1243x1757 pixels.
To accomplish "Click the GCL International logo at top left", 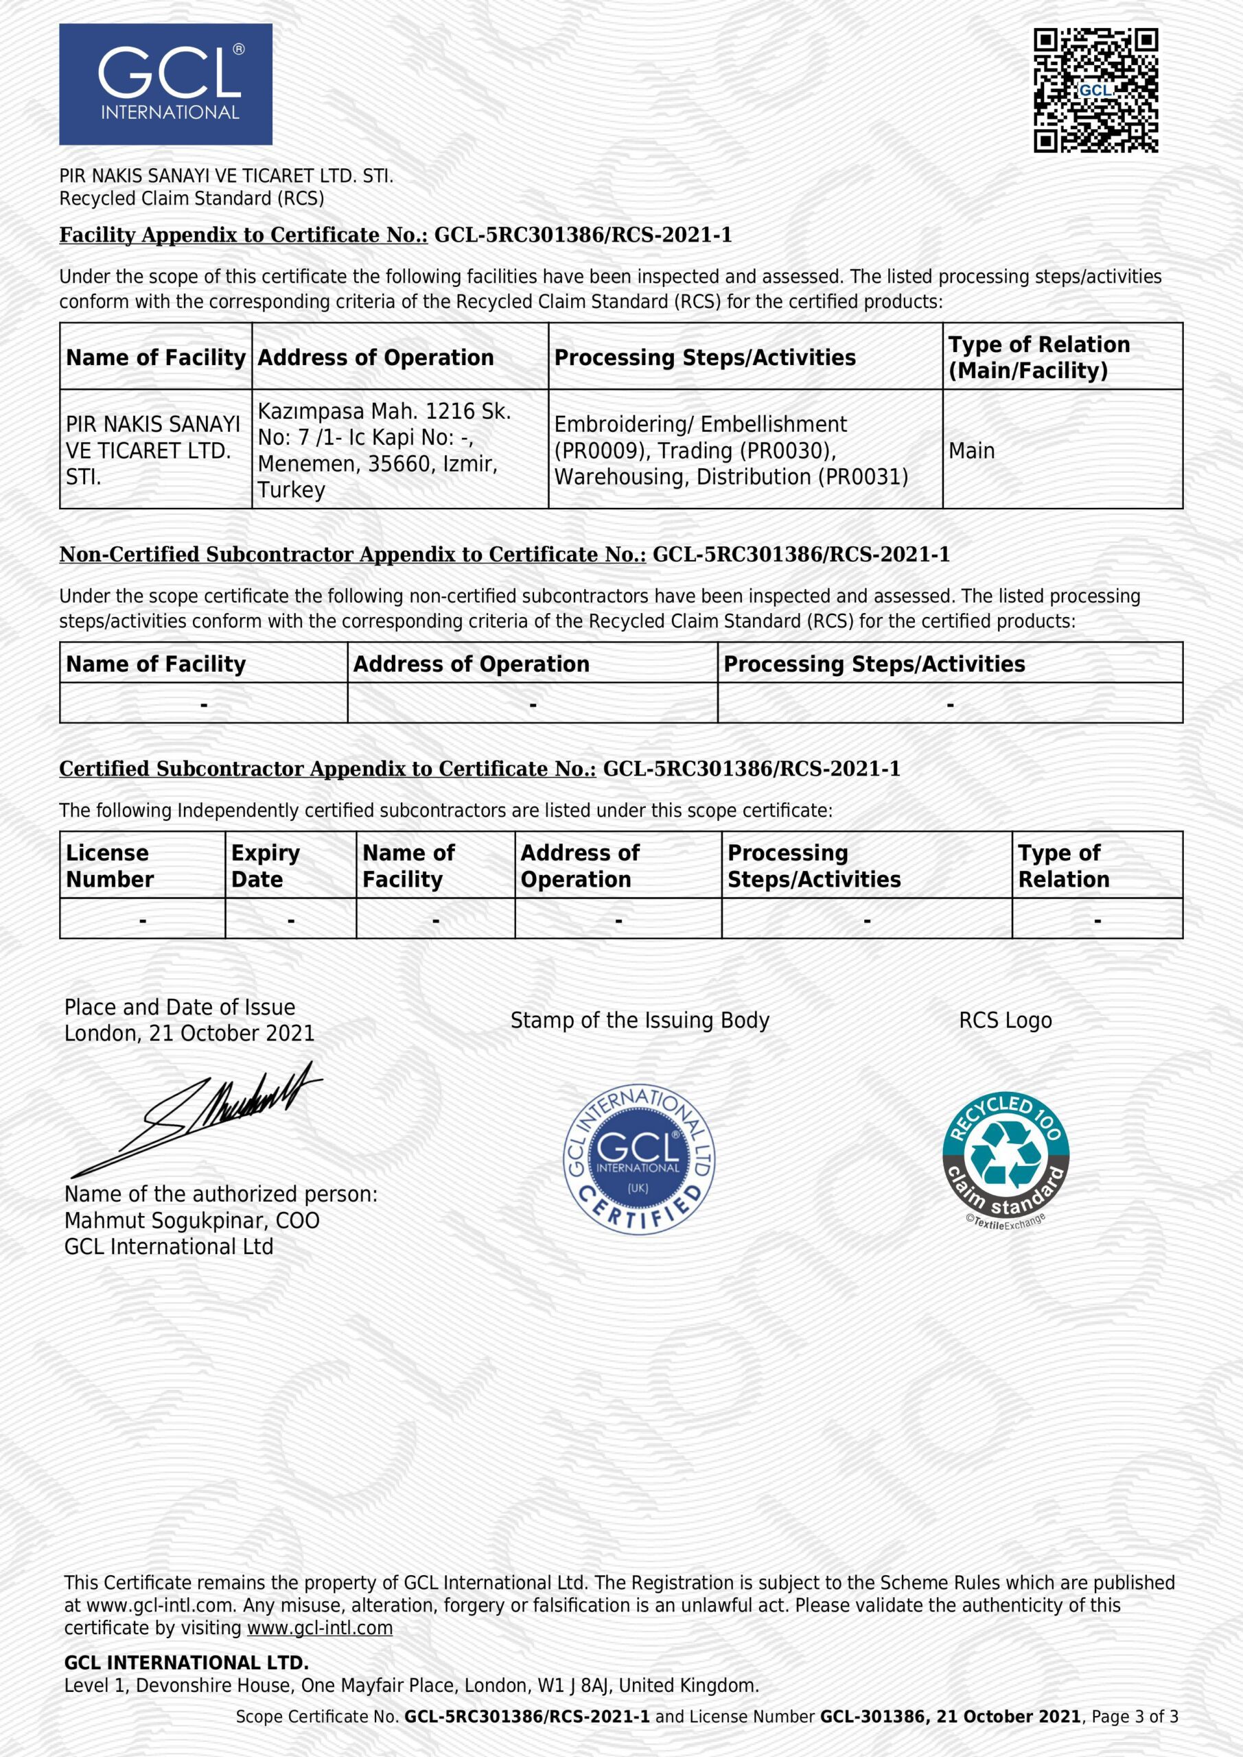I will coord(165,84).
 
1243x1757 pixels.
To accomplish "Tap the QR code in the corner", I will coord(1095,91).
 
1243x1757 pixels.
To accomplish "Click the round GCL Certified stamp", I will coord(638,1159).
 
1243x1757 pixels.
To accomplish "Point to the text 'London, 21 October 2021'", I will coord(189,1033).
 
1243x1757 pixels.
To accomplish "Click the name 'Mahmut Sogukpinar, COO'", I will coord(191,1220).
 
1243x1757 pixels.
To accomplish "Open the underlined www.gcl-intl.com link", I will coord(319,1628).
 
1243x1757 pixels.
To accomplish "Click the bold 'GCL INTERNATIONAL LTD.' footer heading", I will coord(186,1662).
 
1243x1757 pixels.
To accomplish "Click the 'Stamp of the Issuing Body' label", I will coord(639,1020).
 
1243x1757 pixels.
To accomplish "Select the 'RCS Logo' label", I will coord(1005,1020).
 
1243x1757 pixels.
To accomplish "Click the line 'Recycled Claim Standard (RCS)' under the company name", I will coord(191,198).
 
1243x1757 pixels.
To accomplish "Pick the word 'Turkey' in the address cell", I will coord(291,490).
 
